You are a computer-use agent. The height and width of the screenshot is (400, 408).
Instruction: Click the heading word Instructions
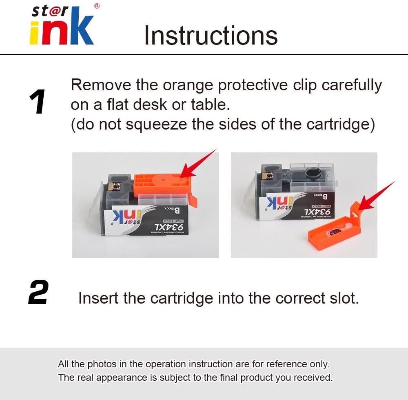(211, 36)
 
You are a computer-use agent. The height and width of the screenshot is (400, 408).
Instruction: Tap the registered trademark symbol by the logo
(97, 6)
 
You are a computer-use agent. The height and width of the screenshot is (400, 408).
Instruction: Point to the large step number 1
(38, 102)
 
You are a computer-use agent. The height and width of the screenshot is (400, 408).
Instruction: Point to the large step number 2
(38, 293)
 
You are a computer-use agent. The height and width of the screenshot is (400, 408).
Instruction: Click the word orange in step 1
(188, 85)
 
